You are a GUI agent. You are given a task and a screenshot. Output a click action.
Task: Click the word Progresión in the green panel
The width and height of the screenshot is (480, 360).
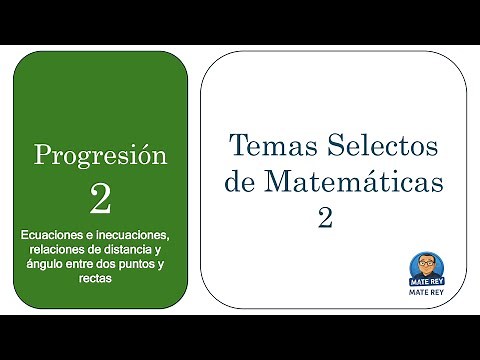pos(99,156)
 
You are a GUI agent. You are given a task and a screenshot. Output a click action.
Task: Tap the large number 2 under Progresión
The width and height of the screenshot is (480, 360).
pos(99,198)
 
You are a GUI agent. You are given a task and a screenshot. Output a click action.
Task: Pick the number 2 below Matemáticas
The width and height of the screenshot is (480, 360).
pos(324,219)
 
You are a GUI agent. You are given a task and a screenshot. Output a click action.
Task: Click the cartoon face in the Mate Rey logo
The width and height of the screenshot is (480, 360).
pos(423,267)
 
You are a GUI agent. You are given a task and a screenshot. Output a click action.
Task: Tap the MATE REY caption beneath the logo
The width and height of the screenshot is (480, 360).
pos(423,294)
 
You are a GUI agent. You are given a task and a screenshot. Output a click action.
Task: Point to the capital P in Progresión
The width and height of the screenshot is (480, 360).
pos(43,155)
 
